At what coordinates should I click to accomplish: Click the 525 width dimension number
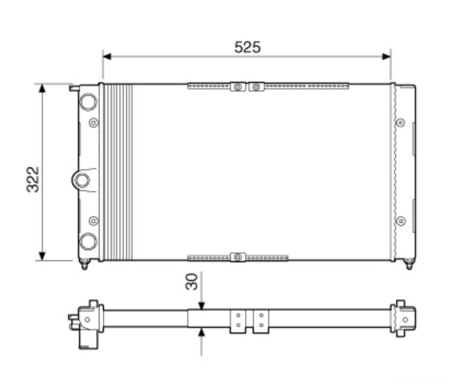247,47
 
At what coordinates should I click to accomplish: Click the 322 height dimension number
33,179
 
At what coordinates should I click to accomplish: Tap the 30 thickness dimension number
191,281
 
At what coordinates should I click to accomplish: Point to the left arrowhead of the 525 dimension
107,56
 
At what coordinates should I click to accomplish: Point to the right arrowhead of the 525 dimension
386,56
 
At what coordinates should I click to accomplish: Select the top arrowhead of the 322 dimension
42,88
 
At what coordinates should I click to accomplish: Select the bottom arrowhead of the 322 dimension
42,256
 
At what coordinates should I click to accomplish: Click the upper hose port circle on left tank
88,102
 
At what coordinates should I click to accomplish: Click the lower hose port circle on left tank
88,242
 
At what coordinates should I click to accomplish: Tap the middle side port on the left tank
81,180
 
